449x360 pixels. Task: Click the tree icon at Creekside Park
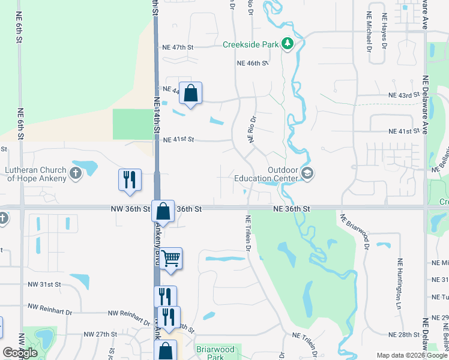tap(288, 44)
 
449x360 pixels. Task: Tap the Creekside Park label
tap(251, 44)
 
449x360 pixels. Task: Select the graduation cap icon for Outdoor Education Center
tap(307, 174)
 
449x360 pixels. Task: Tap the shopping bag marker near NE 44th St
tap(190, 94)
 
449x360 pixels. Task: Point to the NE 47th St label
tap(179, 47)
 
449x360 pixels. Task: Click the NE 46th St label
tap(253, 63)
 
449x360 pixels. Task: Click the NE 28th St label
tap(402, 335)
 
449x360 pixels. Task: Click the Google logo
tap(20, 353)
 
